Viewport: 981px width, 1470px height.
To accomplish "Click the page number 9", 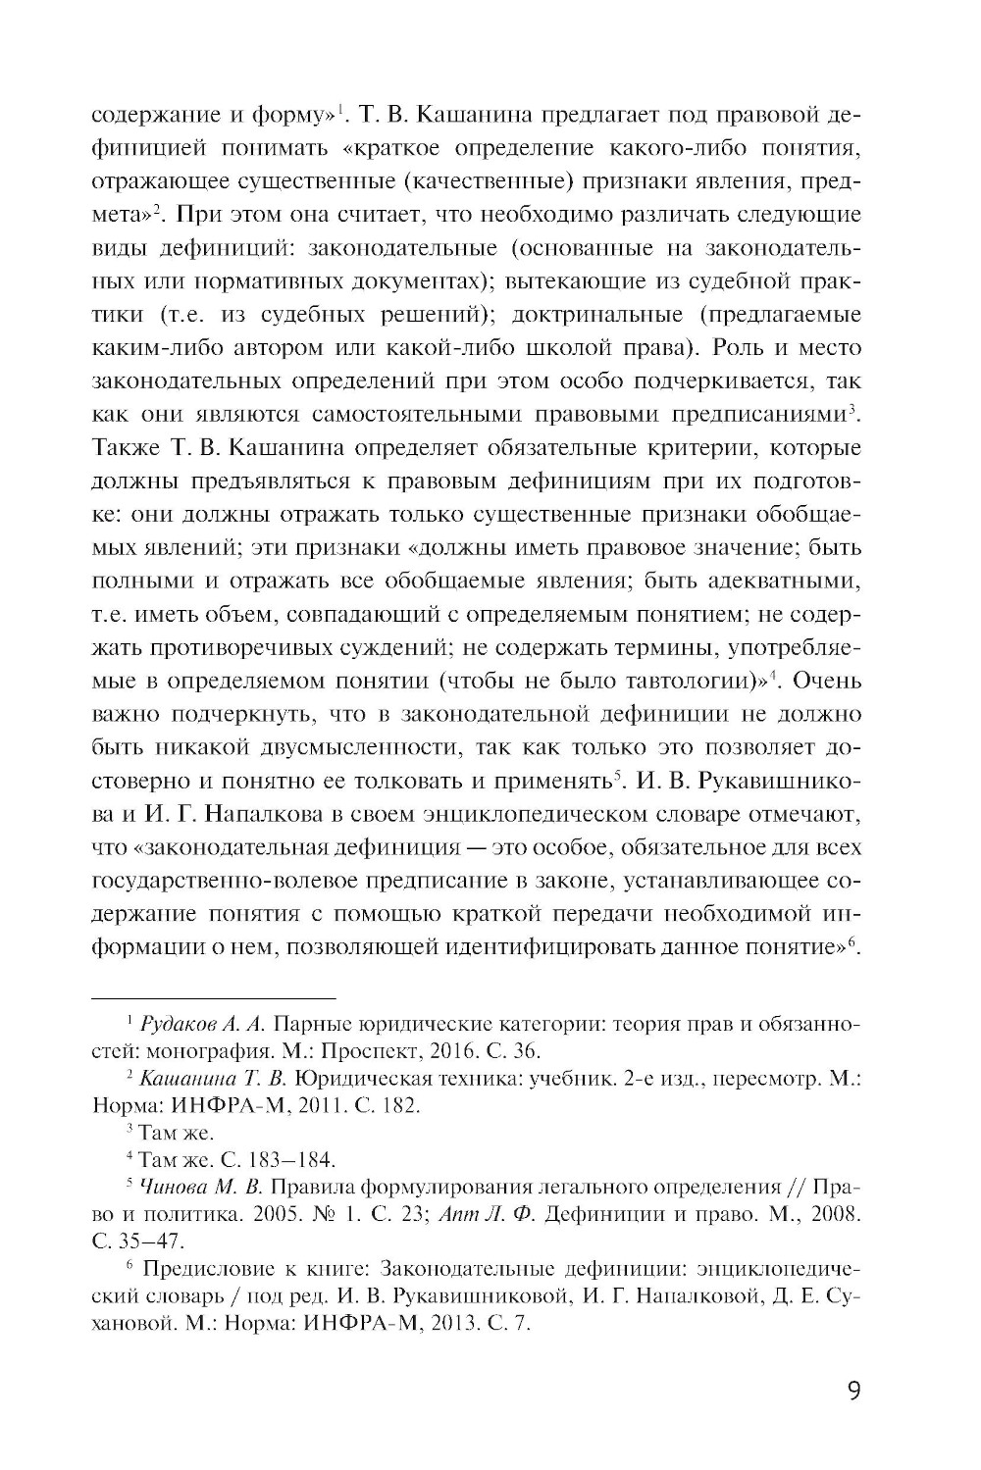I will click(x=852, y=1392).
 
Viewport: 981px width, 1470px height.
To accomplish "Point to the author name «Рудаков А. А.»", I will click(x=203, y=1025).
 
